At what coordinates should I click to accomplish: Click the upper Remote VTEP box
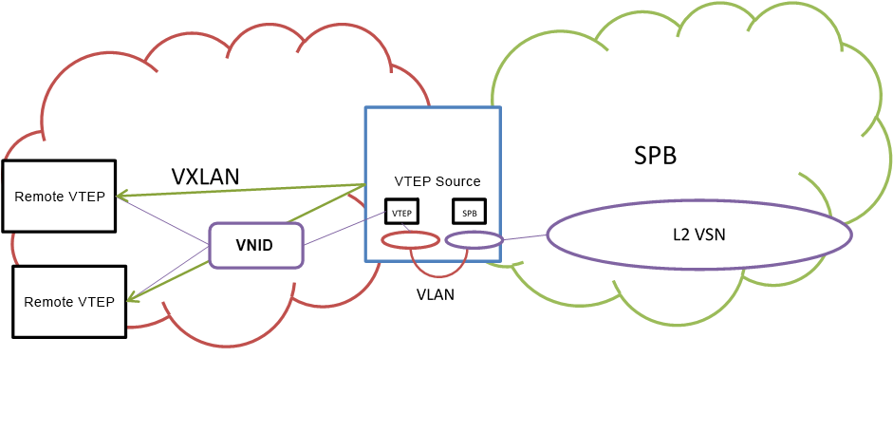coord(59,196)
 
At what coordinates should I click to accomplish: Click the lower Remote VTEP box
coord(68,301)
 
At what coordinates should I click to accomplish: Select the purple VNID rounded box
coord(255,245)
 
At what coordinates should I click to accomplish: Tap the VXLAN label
coord(205,177)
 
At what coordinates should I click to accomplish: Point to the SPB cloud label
coord(655,156)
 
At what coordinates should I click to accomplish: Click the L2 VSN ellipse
coord(698,234)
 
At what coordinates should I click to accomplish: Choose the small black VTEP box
coord(401,212)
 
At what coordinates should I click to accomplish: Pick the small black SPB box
coord(470,212)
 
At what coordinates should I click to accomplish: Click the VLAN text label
coord(436,294)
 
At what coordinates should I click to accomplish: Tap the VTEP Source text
coord(437,181)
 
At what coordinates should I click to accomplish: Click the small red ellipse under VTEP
coord(410,240)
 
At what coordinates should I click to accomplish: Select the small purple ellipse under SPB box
coord(474,240)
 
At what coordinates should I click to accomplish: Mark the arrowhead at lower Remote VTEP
coord(130,299)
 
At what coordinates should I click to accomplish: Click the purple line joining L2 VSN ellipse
coord(525,237)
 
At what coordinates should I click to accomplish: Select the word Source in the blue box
coord(458,181)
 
